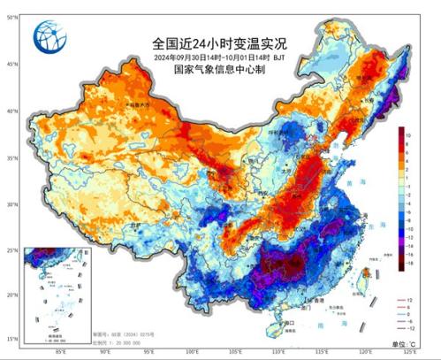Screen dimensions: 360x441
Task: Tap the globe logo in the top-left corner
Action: coord(49,36)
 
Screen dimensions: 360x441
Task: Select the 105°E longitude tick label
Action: coord(236,352)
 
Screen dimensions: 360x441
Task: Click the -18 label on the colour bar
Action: coord(408,264)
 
